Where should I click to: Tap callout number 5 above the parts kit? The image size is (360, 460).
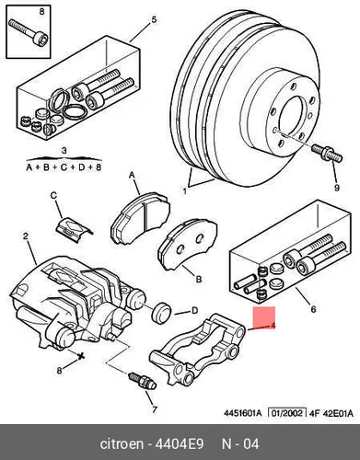click(154, 20)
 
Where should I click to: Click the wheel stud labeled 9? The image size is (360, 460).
click(327, 154)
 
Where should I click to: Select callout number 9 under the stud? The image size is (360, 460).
click(337, 188)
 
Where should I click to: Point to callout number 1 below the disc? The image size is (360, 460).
click(184, 191)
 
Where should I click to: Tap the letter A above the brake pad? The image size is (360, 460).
click(132, 175)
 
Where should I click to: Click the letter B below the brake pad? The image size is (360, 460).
click(199, 280)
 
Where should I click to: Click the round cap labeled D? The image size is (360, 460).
click(162, 313)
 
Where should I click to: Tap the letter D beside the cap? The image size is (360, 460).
click(194, 311)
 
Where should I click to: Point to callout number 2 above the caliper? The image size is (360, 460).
click(26, 236)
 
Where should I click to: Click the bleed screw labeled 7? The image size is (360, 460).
click(143, 380)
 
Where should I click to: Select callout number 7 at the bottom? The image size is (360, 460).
click(154, 409)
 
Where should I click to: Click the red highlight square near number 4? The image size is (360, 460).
click(263, 317)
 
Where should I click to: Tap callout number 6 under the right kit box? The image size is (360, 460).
click(313, 309)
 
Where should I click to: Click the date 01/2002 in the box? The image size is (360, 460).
click(287, 413)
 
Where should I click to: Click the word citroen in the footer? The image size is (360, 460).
click(122, 443)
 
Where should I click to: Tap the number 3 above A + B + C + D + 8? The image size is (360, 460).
click(64, 151)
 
